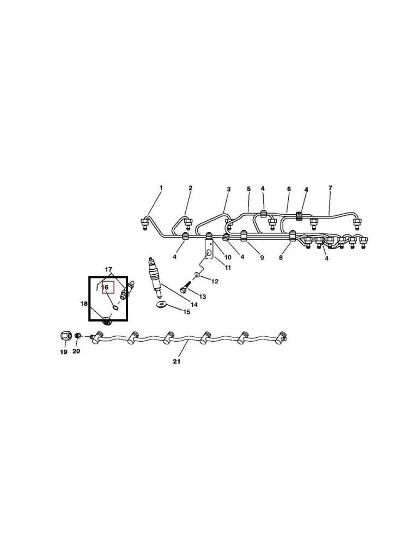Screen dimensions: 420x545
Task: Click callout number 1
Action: pos(161,187)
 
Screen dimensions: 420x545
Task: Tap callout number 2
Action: pos(190,188)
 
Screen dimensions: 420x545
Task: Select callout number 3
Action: pos(229,190)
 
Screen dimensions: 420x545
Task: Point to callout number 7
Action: pos(330,187)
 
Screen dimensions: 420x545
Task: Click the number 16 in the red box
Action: pos(105,287)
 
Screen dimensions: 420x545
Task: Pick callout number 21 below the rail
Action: pos(177,361)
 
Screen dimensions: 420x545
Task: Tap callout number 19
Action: pos(64,352)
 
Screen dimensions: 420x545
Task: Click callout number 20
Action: pos(76,351)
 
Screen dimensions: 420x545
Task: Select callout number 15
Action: pos(186,312)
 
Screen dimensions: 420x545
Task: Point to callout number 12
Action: pos(215,281)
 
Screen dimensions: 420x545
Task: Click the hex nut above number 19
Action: pos(65,336)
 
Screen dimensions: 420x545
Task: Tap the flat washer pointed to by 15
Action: pos(161,305)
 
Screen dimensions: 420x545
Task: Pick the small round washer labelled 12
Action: pos(197,275)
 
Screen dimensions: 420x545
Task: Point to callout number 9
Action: pos(261,258)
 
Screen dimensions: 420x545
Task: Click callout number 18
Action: pos(84,304)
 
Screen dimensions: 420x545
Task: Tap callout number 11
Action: pos(228,268)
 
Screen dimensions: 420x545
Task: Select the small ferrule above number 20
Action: pos(78,335)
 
